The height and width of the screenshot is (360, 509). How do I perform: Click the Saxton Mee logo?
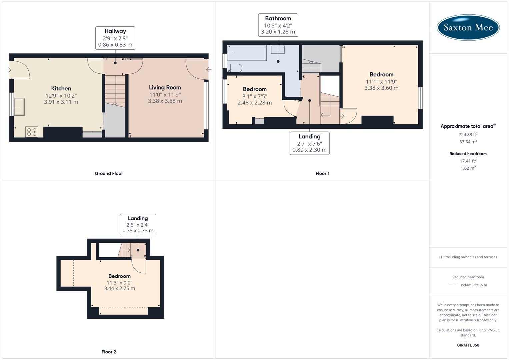[468, 27]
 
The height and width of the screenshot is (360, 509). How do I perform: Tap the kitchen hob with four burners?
[32, 132]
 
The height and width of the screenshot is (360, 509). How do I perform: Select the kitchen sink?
[19, 107]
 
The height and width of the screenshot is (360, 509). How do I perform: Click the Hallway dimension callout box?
[115, 38]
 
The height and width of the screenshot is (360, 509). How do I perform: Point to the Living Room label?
[165, 88]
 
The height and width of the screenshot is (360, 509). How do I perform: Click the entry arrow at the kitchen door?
[9, 70]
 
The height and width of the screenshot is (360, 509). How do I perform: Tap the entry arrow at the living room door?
[209, 69]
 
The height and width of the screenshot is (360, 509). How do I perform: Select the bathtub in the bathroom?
[247, 53]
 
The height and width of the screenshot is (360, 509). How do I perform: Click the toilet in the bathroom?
[234, 68]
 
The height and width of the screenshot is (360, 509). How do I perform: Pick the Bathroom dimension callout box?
[278, 25]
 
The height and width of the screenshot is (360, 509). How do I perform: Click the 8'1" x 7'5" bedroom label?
[255, 96]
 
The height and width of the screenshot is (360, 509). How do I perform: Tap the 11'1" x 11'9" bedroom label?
[381, 81]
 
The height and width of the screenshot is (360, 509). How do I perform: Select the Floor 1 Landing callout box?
[309, 143]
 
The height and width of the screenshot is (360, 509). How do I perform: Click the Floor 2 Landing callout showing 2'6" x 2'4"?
[138, 224]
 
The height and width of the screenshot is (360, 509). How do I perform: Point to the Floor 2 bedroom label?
[119, 282]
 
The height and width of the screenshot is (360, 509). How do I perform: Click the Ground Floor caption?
[109, 173]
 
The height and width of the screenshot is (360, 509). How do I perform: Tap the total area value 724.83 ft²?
[468, 134]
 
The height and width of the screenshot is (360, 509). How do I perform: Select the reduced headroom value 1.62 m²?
[468, 168]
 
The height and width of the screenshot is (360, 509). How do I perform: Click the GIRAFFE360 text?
[468, 345]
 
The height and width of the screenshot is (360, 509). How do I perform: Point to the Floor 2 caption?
[109, 352]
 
